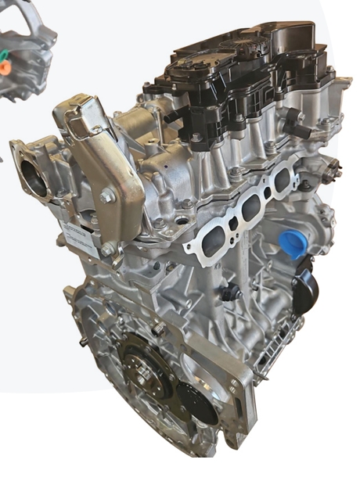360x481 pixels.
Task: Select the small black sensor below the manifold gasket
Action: [229, 293]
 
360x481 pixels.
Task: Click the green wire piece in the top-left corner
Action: [4, 56]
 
